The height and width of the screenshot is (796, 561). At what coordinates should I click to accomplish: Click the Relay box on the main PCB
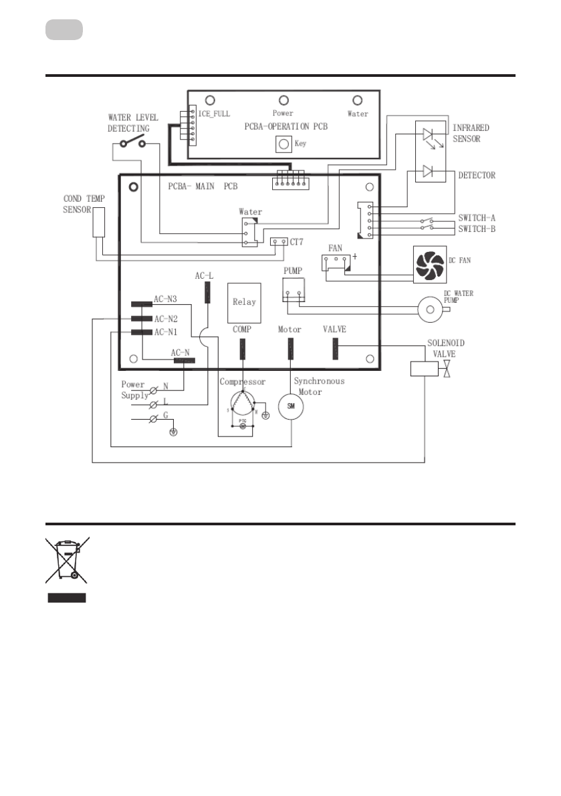pos(244,303)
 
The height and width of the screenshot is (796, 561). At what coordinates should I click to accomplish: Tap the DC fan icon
pos(430,263)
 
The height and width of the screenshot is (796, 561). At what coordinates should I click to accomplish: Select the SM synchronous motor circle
pos(291,406)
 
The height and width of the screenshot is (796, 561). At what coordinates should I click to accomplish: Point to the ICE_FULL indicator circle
pos(209,100)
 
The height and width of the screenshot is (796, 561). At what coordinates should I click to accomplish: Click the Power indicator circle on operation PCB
pos(283,100)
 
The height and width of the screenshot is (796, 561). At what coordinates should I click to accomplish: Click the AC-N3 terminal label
pos(165,299)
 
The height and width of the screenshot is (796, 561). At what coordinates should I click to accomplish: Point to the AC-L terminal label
pos(204,275)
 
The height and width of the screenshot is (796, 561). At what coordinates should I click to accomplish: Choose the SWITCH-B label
pos(477,229)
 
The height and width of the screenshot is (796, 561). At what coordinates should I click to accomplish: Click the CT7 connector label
pos(299,241)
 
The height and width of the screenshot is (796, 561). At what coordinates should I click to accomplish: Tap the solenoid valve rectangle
pos(424,368)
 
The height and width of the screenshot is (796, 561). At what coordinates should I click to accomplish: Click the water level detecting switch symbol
pos(132,143)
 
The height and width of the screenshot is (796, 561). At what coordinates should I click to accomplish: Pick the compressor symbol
pos(242,407)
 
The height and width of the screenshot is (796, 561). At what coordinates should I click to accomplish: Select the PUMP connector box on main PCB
pos(294,289)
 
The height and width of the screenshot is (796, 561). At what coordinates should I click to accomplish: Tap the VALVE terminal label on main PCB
pos(334,329)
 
